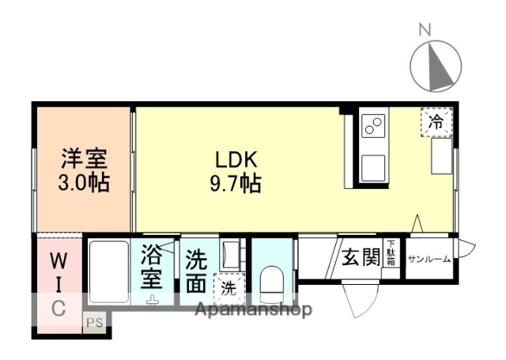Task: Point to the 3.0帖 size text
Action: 84,184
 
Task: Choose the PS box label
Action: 95,322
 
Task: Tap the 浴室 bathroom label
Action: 152,268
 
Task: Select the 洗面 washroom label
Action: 197,270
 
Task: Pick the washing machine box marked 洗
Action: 228,288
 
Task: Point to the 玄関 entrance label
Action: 361,257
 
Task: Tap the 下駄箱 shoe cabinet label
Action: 391,255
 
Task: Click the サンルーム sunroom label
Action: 429,259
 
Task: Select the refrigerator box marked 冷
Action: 436,121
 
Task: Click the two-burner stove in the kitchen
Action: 373,125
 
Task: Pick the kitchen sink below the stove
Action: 372,166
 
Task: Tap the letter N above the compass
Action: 425,30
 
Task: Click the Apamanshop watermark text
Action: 253,309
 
